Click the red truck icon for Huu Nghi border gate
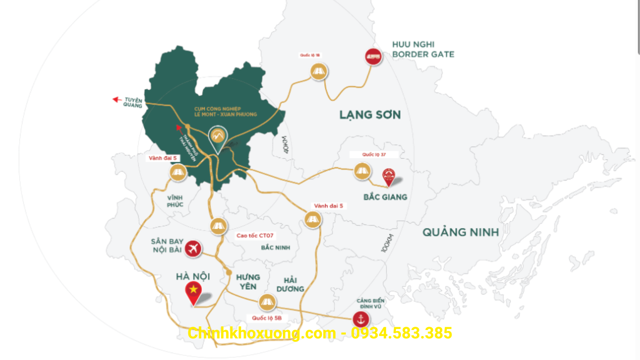[x=373, y=57]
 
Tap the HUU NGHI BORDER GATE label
[x=423, y=49]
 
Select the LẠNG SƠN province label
[x=370, y=114]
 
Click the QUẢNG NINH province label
[x=461, y=232]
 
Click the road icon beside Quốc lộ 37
[x=362, y=171]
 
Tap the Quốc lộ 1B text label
[x=310, y=55]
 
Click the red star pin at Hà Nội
[x=193, y=291]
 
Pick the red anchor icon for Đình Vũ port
[x=361, y=320]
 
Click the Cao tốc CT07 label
[x=255, y=235]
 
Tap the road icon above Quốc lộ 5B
[x=267, y=302]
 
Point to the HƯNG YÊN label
[x=248, y=282]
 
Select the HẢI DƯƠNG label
[x=290, y=285]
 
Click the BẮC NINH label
[x=275, y=247]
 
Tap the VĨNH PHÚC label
[x=175, y=201]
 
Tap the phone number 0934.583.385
[x=401, y=333]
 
